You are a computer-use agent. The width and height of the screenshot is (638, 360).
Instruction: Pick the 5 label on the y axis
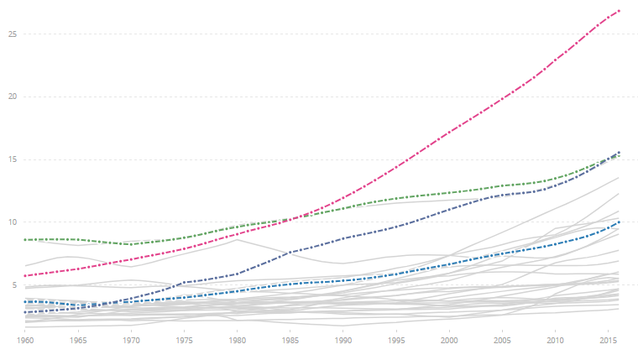click(x=14, y=285)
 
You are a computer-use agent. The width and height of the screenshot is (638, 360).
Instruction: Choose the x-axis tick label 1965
click(x=77, y=342)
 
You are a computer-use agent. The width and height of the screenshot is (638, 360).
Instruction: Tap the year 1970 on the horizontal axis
click(x=130, y=342)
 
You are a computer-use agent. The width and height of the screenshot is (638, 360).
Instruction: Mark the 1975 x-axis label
click(x=184, y=342)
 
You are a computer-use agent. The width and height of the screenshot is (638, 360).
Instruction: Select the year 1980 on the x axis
click(x=237, y=342)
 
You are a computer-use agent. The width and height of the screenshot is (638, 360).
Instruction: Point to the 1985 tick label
click(x=290, y=342)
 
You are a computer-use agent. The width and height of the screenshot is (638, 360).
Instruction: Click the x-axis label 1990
click(x=343, y=342)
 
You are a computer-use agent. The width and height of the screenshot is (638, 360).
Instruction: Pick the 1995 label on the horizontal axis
click(x=396, y=342)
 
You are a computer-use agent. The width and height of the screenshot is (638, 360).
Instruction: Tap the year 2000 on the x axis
click(x=449, y=342)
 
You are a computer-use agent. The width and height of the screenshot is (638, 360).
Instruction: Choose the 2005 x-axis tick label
click(x=502, y=342)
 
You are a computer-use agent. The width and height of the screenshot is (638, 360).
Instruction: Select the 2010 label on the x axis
click(x=555, y=342)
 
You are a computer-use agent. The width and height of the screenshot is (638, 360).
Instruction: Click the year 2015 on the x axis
click(x=609, y=342)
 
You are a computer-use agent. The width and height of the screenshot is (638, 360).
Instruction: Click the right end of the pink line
click(x=619, y=10)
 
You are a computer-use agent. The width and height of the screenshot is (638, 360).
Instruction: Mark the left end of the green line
click(x=24, y=240)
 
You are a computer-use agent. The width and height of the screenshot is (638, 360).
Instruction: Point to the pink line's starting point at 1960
click(x=24, y=275)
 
